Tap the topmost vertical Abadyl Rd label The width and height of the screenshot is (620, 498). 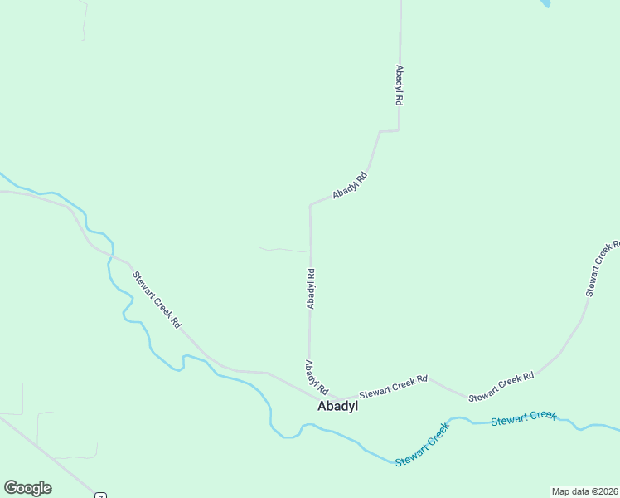[399, 85]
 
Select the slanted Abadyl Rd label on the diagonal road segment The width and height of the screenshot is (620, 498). [350, 185]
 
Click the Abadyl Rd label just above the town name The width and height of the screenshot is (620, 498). [317, 378]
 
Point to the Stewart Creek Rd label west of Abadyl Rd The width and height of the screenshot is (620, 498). [157, 301]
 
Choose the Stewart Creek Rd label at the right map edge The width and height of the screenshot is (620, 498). [603, 269]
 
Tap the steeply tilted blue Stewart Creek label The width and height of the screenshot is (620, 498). [422, 444]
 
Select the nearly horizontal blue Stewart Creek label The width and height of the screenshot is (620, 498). [523, 418]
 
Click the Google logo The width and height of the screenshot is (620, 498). [27, 488]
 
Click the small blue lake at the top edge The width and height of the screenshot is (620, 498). [545, 3]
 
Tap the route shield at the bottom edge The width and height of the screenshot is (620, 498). [101, 495]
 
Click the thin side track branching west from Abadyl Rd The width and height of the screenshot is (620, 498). [282, 248]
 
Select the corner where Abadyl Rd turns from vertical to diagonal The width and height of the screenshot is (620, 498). [311, 204]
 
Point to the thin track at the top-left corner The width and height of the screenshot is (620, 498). [84, 21]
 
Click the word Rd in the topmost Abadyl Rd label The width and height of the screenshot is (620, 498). [399, 98]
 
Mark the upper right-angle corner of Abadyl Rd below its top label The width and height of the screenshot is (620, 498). [399, 130]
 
